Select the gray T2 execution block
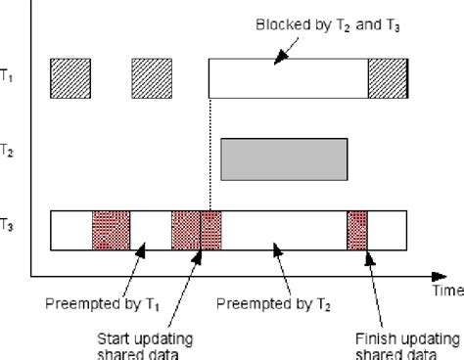coord(284,158)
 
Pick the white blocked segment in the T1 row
coord(288,79)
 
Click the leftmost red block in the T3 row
coord(111,230)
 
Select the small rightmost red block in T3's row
coord(356,230)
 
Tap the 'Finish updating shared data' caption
coord(403,344)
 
